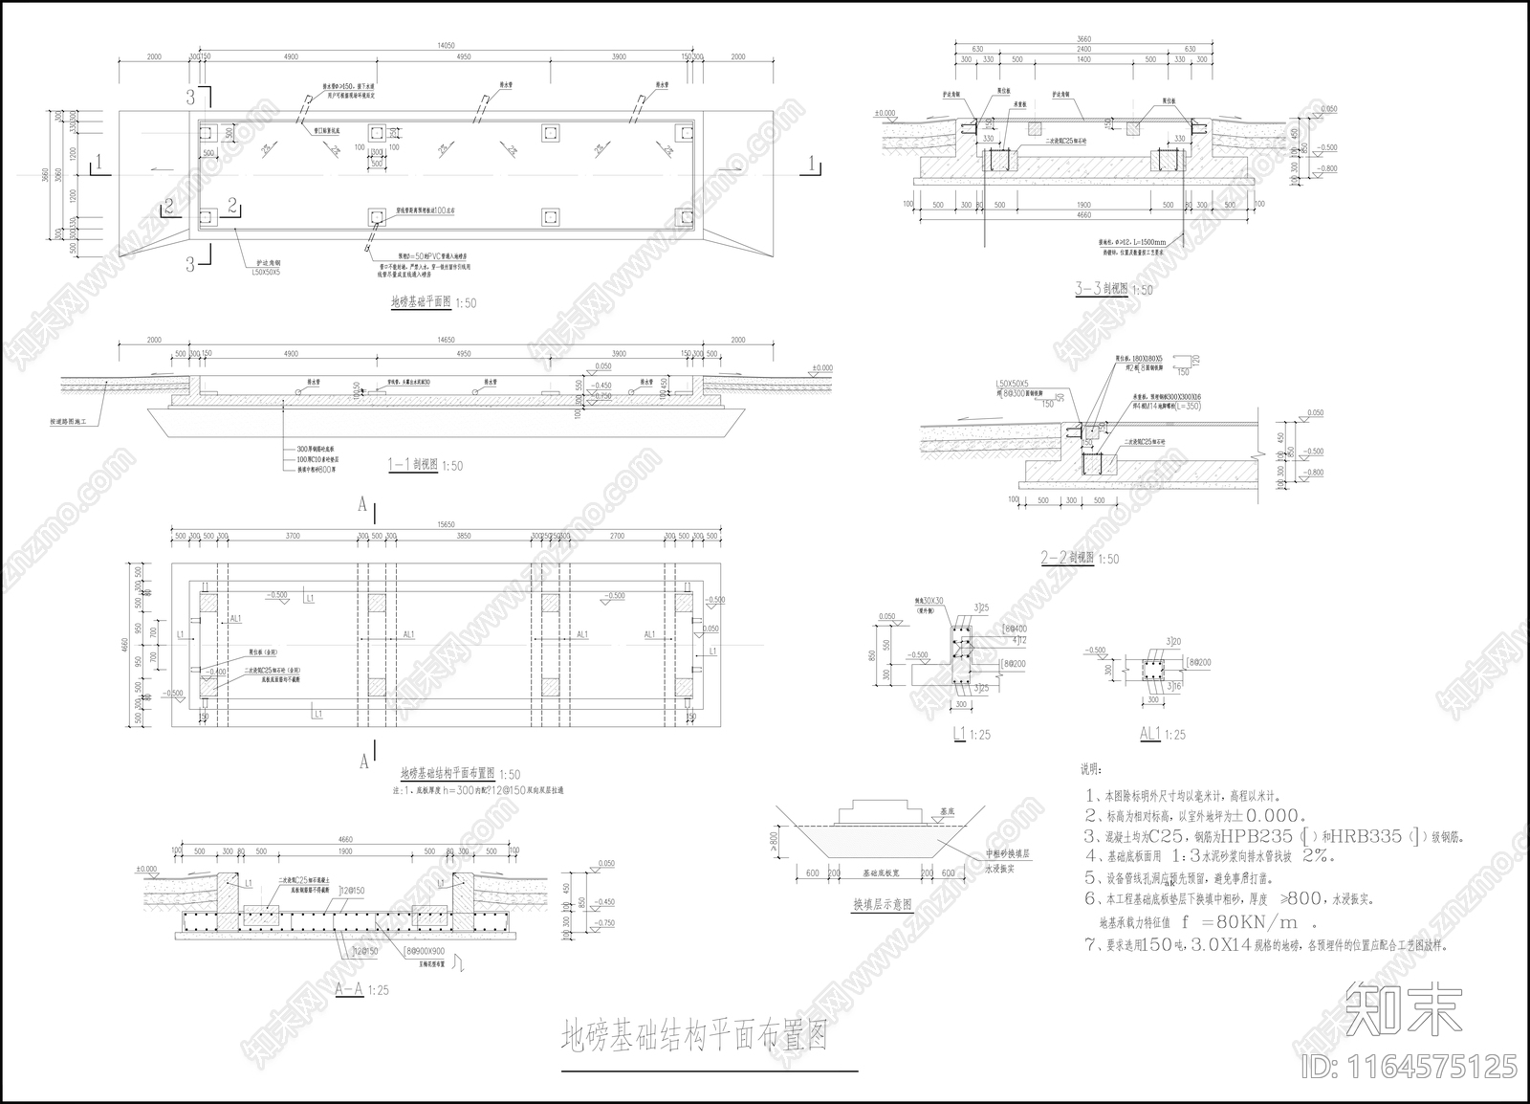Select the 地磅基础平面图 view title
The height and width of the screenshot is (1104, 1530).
(x=421, y=302)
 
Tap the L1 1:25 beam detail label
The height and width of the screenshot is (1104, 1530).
(x=968, y=734)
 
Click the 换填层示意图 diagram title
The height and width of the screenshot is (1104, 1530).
(x=882, y=903)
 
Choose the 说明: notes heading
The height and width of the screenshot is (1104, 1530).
(x=1091, y=769)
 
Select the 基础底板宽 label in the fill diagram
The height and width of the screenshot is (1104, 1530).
(x=882, y=873)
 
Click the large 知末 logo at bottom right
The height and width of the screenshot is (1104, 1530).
(x=1403, y=1007)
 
